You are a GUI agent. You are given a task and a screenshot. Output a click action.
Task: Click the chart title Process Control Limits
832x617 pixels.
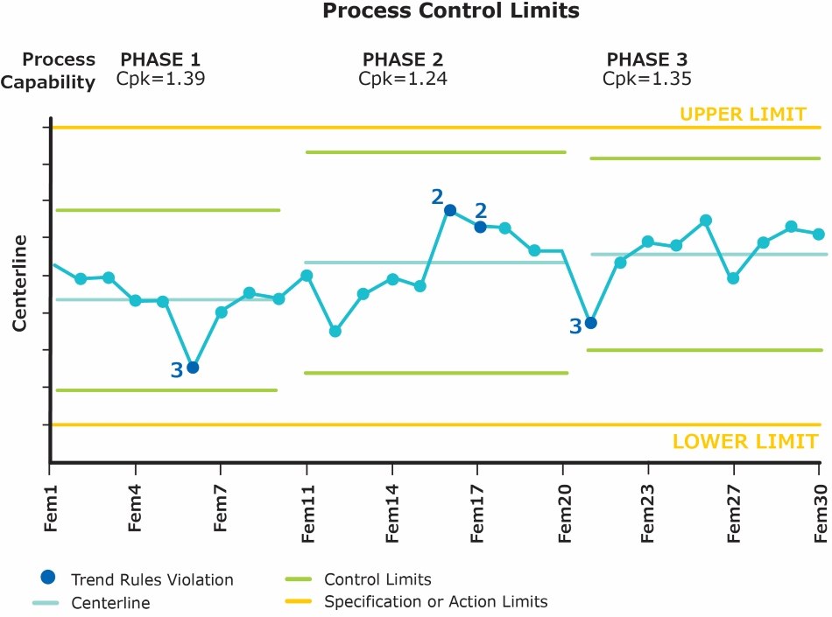tap(450, 12)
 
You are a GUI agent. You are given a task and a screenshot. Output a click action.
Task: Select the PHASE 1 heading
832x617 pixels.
tap(160, 60)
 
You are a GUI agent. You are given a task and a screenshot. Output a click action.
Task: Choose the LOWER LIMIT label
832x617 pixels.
tap(745, 441)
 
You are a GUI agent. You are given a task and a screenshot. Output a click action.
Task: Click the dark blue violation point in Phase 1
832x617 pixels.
tap(193, 368)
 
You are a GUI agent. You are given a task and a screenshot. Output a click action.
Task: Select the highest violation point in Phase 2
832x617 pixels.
tap(450, 210)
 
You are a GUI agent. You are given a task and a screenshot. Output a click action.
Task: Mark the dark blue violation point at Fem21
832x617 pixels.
tap(591, 323)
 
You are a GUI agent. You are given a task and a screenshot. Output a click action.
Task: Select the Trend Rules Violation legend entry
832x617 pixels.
tap(152, 579)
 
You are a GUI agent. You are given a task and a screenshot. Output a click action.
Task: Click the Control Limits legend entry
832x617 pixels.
tap(377, 579)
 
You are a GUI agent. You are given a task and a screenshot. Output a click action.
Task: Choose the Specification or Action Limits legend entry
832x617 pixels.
tap(435, 602)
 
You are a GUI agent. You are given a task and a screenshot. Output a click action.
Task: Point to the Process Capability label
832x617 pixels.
tap(59, 71)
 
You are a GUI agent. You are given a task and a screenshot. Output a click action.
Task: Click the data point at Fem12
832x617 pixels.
tap(335, 332)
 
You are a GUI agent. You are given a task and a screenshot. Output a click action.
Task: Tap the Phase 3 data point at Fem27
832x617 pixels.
tap(733, 278)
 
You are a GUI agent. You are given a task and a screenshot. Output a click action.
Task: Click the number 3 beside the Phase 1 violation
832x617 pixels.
tap(176, 371)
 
